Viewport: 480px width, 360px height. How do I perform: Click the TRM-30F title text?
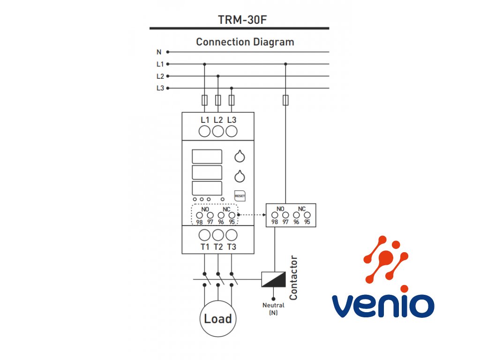pos(239,20)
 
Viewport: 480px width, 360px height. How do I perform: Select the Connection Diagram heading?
pos(245,42)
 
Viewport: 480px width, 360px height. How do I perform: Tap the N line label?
pos(158,52)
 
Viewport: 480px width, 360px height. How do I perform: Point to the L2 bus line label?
pos(160,76)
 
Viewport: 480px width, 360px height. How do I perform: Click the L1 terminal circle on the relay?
pos(204,132)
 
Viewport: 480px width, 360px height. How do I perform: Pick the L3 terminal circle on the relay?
pos(231,132)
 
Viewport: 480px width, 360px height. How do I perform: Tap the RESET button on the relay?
pos(240,195)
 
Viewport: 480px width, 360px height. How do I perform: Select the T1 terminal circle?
pos(204,235)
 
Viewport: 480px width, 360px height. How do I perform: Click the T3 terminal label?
pos(232,247)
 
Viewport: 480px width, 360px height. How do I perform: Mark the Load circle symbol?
pos(218,319)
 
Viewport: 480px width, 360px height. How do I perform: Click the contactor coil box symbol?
pos(273,279)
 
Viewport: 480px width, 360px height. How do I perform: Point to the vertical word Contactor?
pos(294,278)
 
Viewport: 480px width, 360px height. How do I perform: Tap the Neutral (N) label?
pos(273,309)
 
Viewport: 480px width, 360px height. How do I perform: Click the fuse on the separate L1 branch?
pos(285,100)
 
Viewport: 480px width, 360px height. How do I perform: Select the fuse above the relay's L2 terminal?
pos(218,100)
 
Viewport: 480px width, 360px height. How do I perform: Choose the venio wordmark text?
pos(383,305)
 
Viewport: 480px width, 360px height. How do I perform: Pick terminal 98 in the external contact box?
pos(275,216)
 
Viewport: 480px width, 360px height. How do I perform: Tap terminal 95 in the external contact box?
pos(307,216)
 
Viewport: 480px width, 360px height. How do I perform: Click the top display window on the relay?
pos(207,157)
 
